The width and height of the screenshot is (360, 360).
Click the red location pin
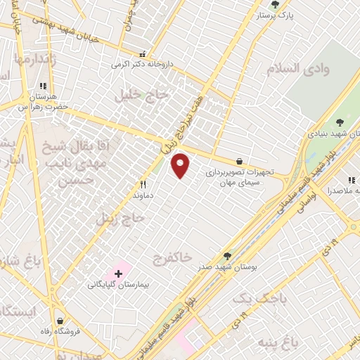click(x=181, y=165)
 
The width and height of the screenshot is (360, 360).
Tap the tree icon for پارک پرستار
click(x=275, y=4)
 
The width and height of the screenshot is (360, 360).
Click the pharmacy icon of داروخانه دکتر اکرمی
click(x=143, y=53)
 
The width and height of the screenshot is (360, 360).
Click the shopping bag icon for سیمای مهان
click(x=240, y=160)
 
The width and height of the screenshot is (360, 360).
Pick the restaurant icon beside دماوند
click(x=143, y=184)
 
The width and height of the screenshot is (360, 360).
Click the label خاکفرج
click(x=172, y=258)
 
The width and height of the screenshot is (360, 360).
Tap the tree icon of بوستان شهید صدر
click(x=226, y=257)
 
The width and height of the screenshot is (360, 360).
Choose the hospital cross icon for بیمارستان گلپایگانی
click(x=118, y=272)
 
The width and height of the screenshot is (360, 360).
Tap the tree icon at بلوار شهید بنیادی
click(x=342, y=122)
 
